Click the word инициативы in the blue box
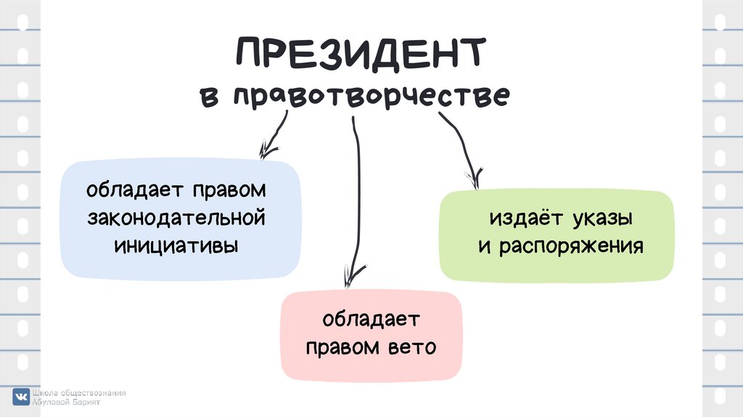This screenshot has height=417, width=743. [176, 244]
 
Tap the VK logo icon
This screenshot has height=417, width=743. [21, 397]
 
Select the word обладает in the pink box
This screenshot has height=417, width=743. [371, 320]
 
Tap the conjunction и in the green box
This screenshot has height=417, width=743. [483, 246]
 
